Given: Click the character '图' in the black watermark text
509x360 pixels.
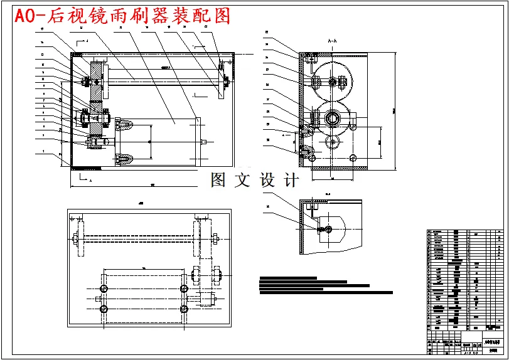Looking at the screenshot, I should [218, 181].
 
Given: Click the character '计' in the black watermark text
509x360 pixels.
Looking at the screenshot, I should [291, 181].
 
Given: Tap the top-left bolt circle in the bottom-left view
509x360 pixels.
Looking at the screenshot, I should [104, 287].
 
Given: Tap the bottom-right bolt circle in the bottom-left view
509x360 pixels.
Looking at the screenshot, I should [184, 309].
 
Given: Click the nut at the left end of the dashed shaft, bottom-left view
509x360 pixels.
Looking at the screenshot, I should [76, 238].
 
